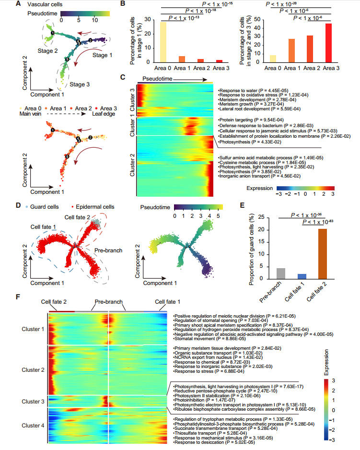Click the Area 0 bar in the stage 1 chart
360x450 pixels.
tap(163, 42)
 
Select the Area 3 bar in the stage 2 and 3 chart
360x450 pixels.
tap(328, 43)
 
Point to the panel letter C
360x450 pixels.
tap(124, 77)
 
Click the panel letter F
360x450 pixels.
tap(18, 297)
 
